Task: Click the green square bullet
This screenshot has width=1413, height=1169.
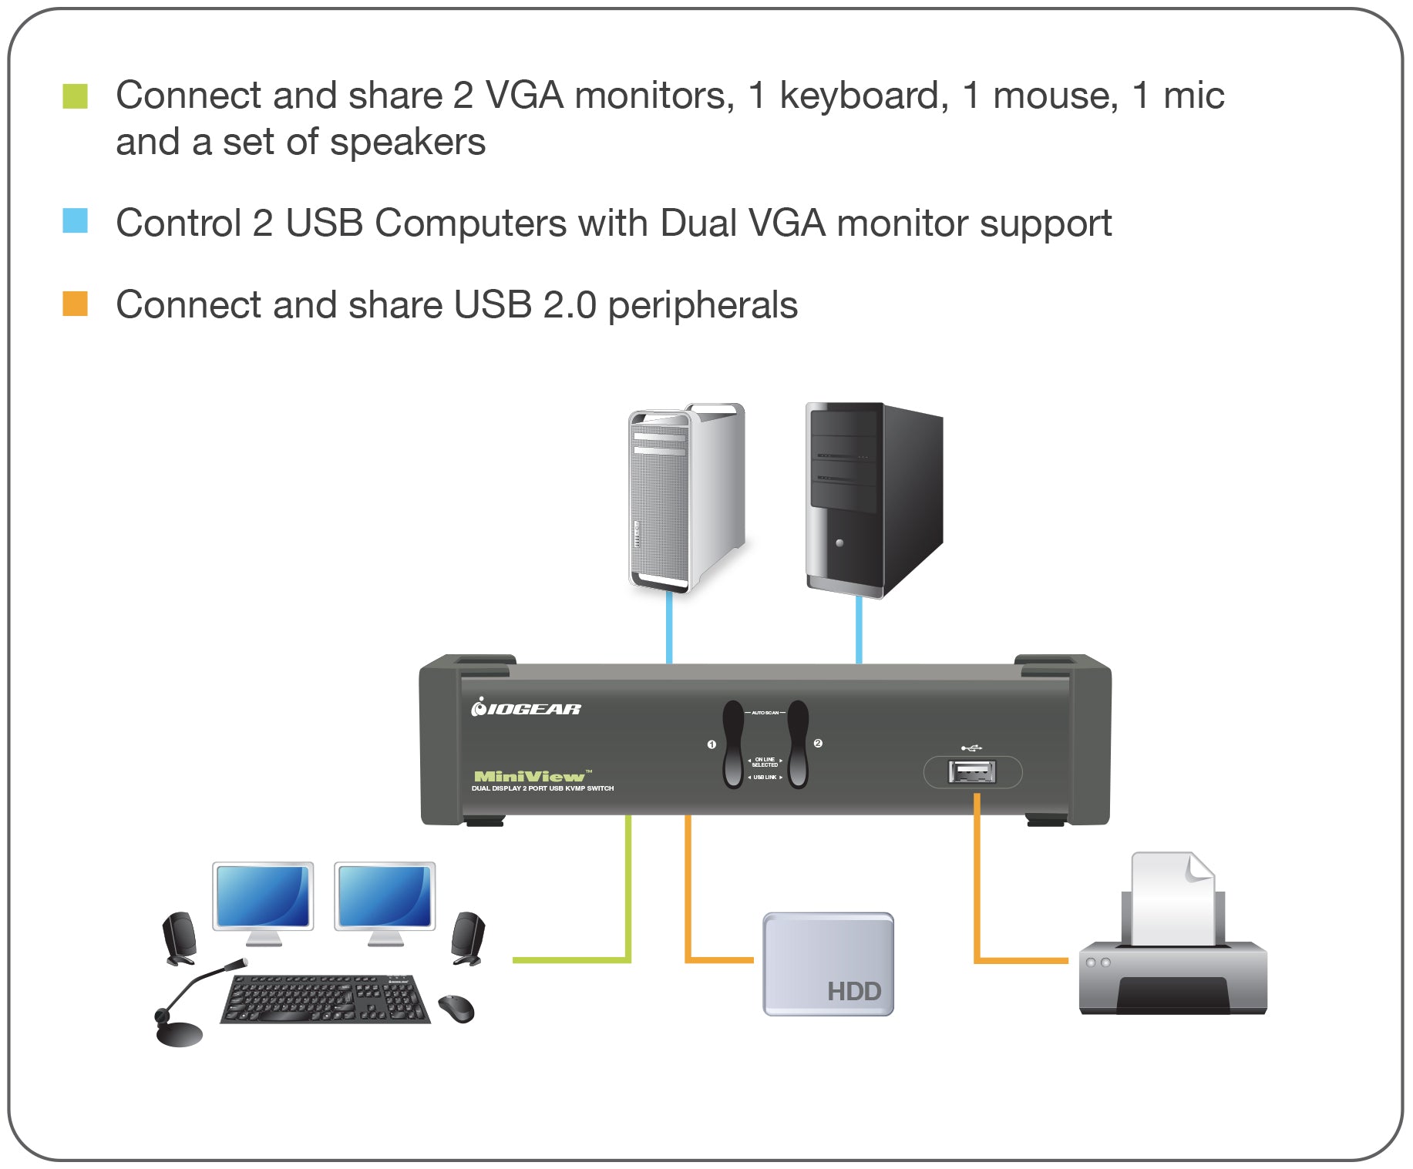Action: [x=75, y=96]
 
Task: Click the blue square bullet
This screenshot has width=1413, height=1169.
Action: [x=75, y=220]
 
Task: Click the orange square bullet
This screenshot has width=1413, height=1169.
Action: [x=75, y=304]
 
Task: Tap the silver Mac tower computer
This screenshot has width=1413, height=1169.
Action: [x=685, y=497]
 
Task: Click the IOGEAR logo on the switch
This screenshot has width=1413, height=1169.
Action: [x=527, y=707]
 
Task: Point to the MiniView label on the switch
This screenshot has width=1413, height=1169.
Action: [x=530, y=776]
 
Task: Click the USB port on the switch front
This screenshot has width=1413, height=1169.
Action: [x=971, y=771]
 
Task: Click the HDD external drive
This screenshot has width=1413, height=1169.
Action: [x=828, y=963]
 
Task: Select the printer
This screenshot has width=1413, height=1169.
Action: [x=1172, y=971]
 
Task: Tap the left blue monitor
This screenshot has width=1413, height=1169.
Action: [x=263, y=896]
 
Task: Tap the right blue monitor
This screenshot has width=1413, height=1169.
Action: [x=385, y=896]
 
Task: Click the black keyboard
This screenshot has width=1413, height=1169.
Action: [x=325, y=999]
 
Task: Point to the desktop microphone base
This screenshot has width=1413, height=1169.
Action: [x=179, y=1033]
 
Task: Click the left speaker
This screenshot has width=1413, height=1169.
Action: [x=179, y=938]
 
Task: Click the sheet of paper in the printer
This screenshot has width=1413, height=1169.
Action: [x=1172, y=898]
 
